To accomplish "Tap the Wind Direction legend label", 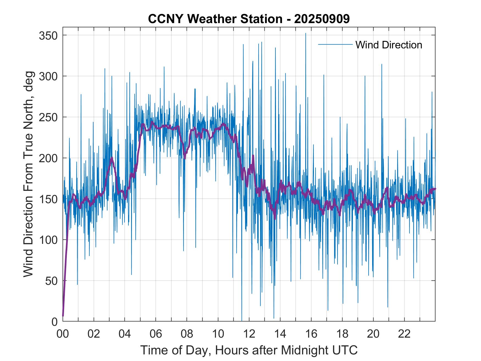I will point(389,45).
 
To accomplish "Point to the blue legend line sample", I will point(335,44).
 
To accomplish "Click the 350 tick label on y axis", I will point(48,35).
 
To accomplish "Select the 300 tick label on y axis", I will point(48,76).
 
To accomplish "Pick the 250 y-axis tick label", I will point(48,117).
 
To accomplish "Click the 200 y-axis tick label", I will point(48,158).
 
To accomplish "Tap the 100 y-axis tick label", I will point(48,240).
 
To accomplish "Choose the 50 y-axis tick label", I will point(51,281).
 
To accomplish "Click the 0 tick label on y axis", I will point(54,322).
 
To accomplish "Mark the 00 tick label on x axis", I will point(63,334).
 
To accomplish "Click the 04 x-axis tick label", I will point(125,334).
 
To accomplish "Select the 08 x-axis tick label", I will point(187,334).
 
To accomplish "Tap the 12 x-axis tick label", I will point(249,334).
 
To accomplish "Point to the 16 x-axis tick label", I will point(311,334).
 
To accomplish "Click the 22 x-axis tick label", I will point(404,334).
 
